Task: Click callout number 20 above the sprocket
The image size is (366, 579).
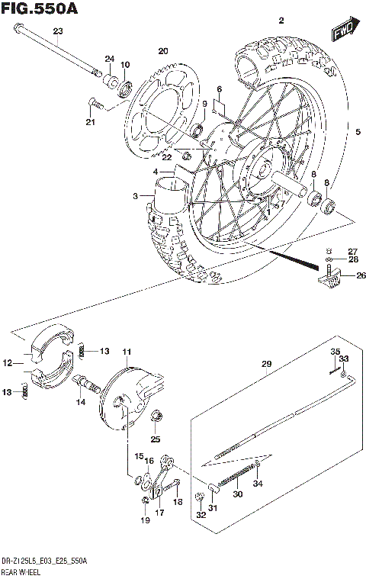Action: (162, 51)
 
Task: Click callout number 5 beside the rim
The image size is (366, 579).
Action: (356, 132)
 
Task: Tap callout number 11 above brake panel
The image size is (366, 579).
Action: (127, 352)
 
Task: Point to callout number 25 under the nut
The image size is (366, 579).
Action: (156, 439)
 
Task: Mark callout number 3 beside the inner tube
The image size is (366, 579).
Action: (136, 196)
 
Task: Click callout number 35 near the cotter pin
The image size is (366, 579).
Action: (334, 351)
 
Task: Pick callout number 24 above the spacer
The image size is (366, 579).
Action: (109, 59)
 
